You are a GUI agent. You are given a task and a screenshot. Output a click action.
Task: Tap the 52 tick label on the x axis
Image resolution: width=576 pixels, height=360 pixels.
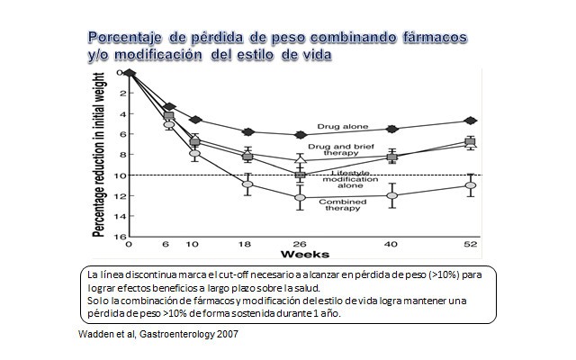[469, 244]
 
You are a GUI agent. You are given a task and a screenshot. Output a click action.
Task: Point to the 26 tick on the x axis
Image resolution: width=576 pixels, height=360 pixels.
[301, 244]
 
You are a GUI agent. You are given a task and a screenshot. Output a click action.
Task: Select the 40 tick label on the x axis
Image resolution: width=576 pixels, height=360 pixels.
[391, 244]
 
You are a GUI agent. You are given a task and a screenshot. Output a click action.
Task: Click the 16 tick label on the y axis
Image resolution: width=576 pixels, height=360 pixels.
[118, 236]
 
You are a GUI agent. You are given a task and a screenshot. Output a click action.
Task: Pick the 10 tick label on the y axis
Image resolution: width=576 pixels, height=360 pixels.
[118, 175]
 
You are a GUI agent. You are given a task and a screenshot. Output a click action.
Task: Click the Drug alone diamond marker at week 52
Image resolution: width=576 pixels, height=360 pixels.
[469, 121]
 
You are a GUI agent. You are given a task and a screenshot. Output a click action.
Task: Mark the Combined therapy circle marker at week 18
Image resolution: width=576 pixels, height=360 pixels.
[247, 185]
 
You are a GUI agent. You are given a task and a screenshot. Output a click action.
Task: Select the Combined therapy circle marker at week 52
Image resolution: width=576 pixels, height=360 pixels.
[469, 185]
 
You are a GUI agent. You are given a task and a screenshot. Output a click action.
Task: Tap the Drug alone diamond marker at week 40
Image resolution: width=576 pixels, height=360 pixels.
[391, 129]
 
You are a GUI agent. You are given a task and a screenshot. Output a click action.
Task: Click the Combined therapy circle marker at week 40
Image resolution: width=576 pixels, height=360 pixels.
[391, 195]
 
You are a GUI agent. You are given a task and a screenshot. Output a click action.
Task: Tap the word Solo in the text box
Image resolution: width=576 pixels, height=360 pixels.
[98, 298]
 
